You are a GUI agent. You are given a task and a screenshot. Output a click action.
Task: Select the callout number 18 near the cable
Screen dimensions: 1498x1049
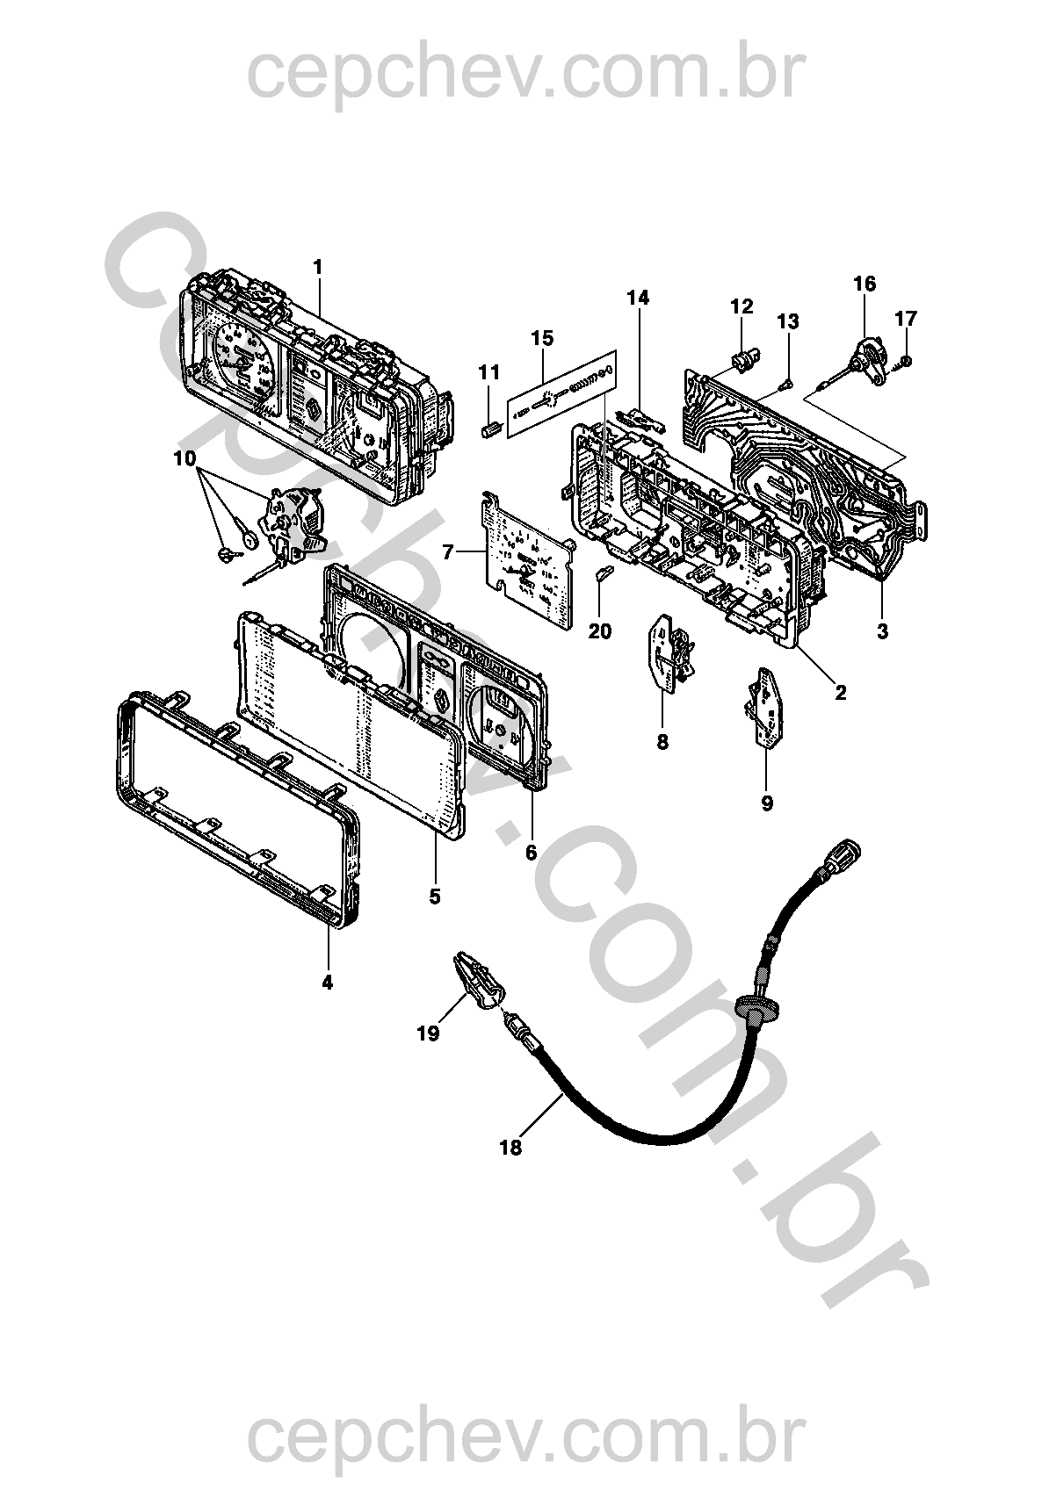pyautogui.click(x=510, y=1147)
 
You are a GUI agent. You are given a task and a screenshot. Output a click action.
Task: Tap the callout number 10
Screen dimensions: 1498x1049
pyautogui.click(x=184, y=458)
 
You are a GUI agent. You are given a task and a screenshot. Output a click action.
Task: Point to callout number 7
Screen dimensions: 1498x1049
pyautogui.click(x=448, y=552)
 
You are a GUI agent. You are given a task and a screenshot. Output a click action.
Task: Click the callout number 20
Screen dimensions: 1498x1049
pyautogui.click(x=600, y=631)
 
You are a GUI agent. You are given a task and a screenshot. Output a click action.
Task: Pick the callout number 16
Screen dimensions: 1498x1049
pyautogui.click(x=864, y=284)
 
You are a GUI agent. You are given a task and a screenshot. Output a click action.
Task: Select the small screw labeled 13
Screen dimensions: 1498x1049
pyautogui.click(x=786, y=382)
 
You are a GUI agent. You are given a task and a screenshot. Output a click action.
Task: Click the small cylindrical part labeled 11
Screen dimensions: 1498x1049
pyautogui.click(x=490, y=430)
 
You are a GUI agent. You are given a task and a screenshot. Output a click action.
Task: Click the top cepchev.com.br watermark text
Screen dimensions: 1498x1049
pyautogui.click(x=524, y=75)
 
